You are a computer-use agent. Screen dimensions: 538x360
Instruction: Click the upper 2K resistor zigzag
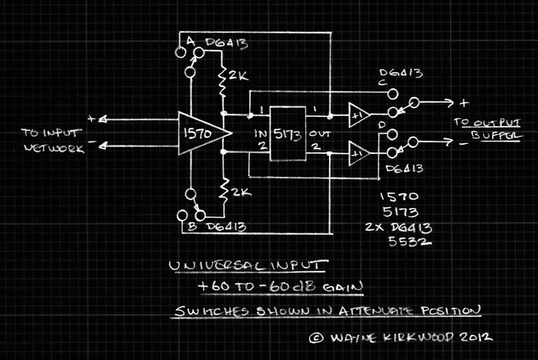(x=223, y=82)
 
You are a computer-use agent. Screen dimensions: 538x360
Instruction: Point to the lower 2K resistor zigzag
(x=224, y=192)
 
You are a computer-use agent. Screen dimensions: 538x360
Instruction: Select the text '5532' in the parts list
(x=410, y=242)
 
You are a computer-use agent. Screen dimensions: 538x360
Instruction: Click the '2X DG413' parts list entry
(x=399, y=228)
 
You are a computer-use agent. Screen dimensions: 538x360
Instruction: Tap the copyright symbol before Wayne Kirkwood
(x=316, y=338)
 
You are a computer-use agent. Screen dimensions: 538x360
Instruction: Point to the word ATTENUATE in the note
(x=377, y=311)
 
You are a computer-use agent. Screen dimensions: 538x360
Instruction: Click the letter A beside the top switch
(x=191, y=42)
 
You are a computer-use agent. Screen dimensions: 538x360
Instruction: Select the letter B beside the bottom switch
(x=192, y=227)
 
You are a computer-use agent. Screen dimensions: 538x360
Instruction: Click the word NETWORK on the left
(x=55, y=148)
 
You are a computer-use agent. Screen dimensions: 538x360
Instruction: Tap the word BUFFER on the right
(x=496, y=135)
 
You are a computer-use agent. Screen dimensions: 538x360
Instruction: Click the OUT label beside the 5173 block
(x=320, y=133)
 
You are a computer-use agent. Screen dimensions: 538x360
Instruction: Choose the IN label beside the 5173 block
(x=261, y=133)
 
